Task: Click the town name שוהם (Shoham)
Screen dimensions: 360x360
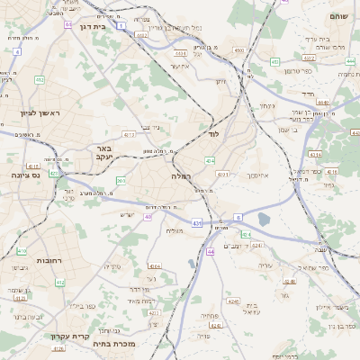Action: pyautogui.click(x=337, y=15)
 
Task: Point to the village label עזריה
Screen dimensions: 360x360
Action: pyautogui.click(x=264, y=265)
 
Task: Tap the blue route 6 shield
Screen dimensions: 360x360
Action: pyautogui.click(x=238, y=217)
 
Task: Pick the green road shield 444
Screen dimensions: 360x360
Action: pyautogui.click(x=348, y=61)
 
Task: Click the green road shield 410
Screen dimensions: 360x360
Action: pyautogui.click(x=22, y=251)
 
